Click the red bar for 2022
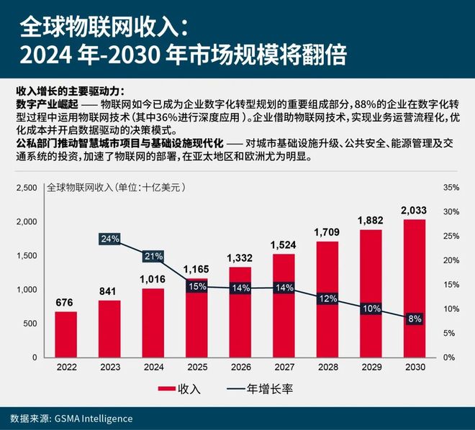point(66,334)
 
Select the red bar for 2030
point(415,288)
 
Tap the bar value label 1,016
point(153,278)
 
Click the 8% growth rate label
point(415,319)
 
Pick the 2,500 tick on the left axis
point(26,188)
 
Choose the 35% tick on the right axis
point(451,188)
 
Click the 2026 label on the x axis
point(240,367)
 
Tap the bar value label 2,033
point(415,210)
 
